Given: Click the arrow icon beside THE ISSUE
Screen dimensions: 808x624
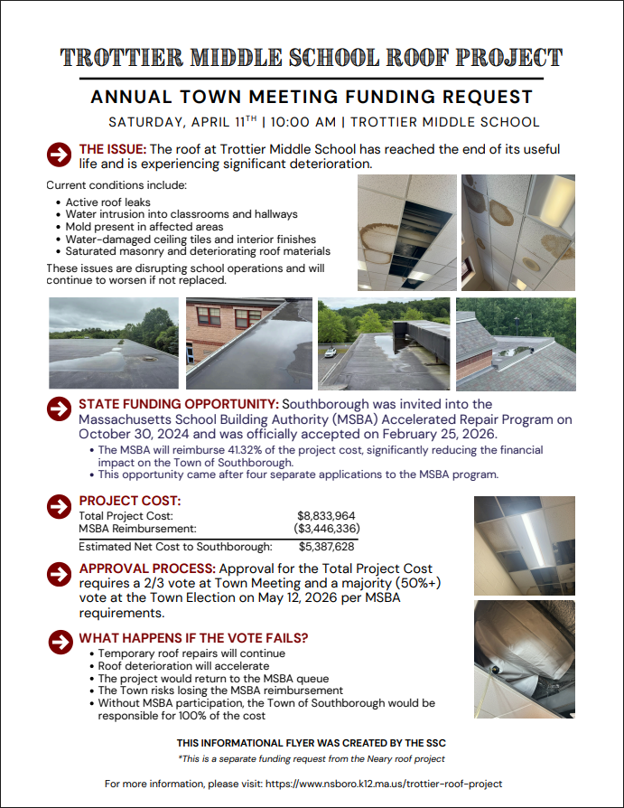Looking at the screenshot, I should coord(59,155).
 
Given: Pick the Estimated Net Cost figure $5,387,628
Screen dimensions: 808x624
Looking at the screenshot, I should coord(326,547).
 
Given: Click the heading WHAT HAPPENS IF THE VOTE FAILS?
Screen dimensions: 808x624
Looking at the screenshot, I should coord(193,638).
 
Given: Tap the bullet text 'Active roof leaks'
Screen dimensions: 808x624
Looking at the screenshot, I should coord(108,202).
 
